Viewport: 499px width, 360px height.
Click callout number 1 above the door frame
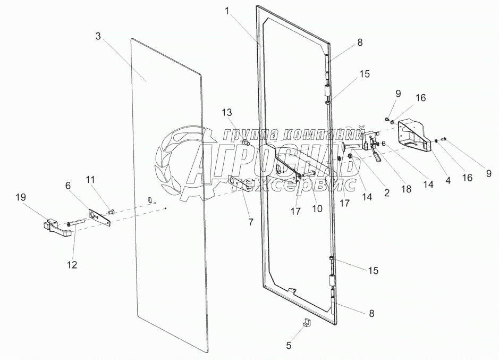tap(227, 12)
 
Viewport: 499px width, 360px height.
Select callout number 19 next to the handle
tap(20, 198)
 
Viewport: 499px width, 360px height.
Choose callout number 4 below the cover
tap(447, 181)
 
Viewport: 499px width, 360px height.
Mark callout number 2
tap(386, 194)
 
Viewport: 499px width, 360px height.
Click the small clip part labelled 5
tap(307, 323)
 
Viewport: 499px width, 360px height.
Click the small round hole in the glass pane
tap(150, 200)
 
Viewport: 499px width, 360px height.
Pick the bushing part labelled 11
tap(112, 212)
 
